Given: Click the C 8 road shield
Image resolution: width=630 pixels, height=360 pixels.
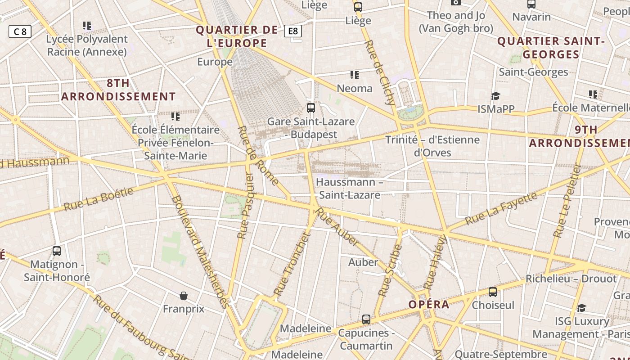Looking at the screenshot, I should (20, 31).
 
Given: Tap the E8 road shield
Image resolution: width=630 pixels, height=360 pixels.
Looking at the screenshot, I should (293, 31).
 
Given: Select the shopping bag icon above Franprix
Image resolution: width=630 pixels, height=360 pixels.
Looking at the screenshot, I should (183, 296).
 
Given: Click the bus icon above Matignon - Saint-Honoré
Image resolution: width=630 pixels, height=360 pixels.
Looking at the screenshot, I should (57, 251).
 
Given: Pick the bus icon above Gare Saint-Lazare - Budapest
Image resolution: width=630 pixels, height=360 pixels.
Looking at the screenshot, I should (310, 108).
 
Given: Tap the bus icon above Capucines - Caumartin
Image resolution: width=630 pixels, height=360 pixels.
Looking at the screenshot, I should (366, 319).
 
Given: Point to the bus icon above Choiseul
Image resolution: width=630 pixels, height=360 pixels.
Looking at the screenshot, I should (493, 292).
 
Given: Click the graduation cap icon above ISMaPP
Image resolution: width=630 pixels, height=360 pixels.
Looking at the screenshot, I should (495, 96).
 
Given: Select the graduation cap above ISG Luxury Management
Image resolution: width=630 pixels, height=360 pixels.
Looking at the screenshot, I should (581, 308).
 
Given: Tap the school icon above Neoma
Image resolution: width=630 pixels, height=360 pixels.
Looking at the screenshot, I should (355, 75).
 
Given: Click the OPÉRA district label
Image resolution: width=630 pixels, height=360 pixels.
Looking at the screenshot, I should (429, 305).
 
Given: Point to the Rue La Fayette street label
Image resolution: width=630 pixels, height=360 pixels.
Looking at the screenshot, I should (501, 208).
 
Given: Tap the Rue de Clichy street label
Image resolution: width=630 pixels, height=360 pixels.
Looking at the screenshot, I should (380, 72).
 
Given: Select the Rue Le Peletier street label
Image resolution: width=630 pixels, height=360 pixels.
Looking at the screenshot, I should (568, 200).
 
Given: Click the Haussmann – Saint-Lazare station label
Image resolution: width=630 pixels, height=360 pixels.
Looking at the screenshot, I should (349, 189).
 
